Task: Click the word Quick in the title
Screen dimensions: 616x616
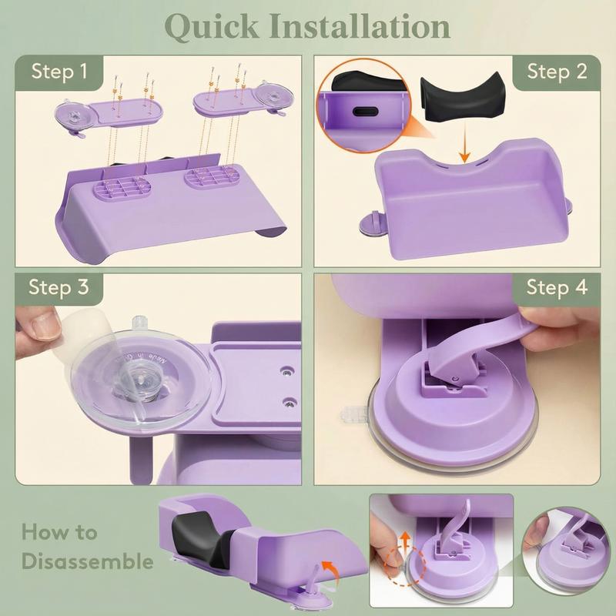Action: pos(212,27)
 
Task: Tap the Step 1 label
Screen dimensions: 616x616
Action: pos(59,72)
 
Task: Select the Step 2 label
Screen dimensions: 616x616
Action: pos(557,72)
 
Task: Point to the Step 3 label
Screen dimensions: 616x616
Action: pos(59,286)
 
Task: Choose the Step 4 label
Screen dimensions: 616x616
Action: pos(557,286)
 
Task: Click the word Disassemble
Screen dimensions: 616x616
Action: pos(87,561)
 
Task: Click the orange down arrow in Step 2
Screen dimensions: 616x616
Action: pos(464,142)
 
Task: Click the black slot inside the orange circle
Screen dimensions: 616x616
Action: pos(365,111)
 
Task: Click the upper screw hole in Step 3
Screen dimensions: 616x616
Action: pos(289,371)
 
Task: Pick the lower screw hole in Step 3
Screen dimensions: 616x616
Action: pos(290,402)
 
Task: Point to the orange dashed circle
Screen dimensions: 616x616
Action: pos(406,566)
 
